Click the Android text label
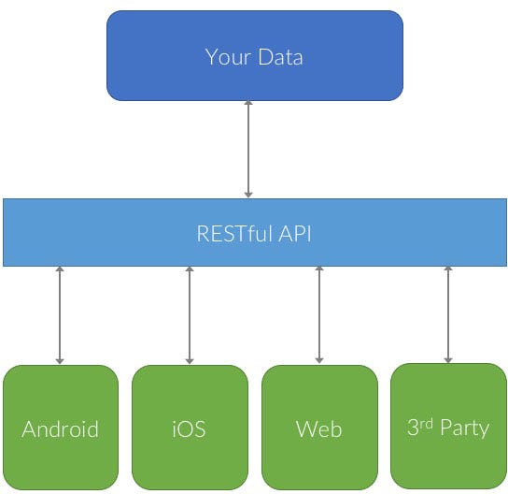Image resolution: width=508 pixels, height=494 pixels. tap(60, 429)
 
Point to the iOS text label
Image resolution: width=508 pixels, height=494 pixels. tap(190, 429)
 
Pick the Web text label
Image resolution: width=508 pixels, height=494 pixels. tap(319, 429)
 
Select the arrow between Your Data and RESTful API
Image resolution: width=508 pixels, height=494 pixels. tap(248, 150)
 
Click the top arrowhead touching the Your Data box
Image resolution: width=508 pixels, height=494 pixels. tap(248, 106)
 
